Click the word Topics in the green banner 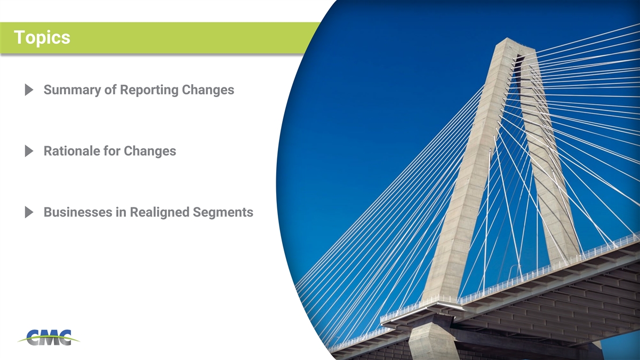point(42,38)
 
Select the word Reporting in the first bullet point(149,90)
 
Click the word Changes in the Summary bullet point(208,90)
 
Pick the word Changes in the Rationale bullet point(150,151)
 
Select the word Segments point(223,213)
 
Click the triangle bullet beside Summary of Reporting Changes point(29,90)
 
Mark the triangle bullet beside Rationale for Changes point(29,151)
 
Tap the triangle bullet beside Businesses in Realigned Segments point(29,212)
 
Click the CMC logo point(49,338)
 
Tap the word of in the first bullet point(110,90)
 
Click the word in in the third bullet point(121,212)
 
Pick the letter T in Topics point(19,37)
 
